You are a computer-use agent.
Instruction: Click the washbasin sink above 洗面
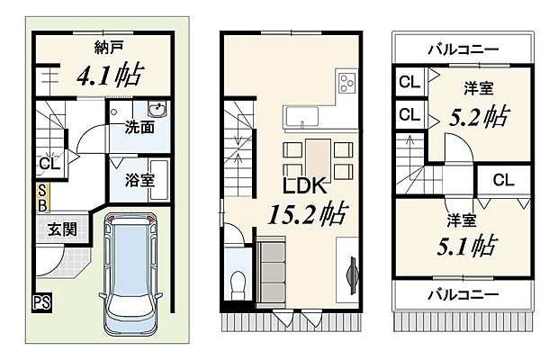pyautogui.click(x=156, y=112)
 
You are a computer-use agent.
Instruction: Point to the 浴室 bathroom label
pyautogui.click(x=139, y=179)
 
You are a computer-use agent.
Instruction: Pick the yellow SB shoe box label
pyautogui.click(x=42, y=196)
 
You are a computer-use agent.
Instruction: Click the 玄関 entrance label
pyautogui.click(x=61, y=229)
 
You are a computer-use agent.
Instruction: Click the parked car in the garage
pyautogui.click(x=131, y=274)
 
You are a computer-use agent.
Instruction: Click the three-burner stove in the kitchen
pyautogui.click(x=347, y=85)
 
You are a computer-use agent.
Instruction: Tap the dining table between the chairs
pyautogui.click(x=316, y=158)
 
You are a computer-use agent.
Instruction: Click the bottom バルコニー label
pyautogui.click(x=463, y=293)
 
